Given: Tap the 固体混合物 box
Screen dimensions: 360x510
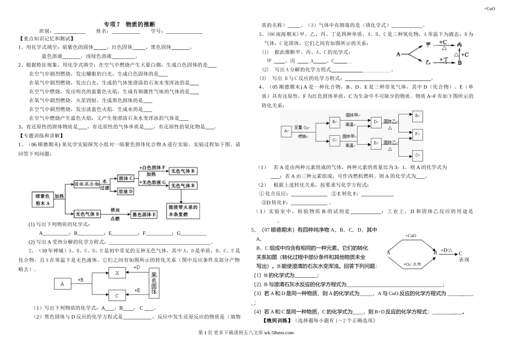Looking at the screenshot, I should click(x=86, y=183).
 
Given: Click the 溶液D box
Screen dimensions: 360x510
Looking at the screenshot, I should click(x=126, y=192).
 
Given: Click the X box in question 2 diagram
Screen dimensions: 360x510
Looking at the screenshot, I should click(x=116, y=273).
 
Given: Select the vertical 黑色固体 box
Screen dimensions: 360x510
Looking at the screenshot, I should click(x=155, y=283).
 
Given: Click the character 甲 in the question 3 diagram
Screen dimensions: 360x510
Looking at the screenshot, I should click(x=428, y=45).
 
